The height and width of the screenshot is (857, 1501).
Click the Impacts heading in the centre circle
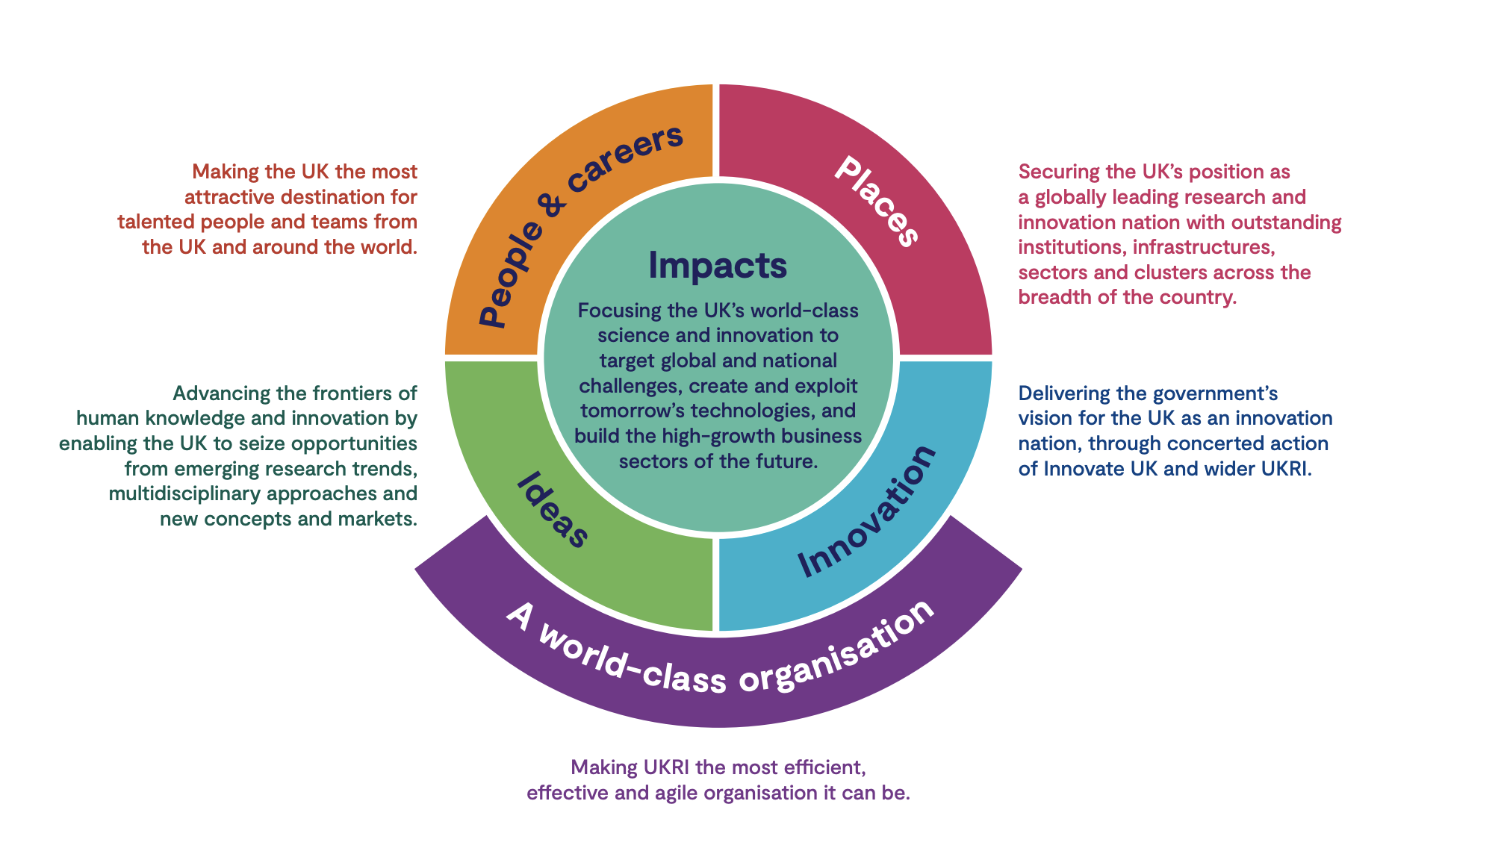pos(718,265)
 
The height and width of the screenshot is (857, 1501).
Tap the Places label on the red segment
pos(877,200)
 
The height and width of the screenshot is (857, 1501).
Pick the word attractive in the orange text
pos(231,197)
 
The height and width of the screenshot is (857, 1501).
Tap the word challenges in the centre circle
pos(630,386)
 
